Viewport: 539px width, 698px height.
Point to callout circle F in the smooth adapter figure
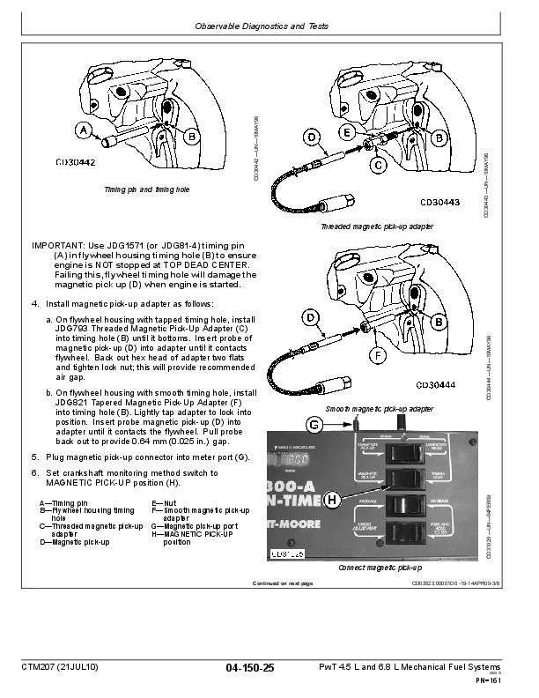(377, 356)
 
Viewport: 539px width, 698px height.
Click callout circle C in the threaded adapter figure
(377, 165)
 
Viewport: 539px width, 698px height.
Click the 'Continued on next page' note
(282, 583)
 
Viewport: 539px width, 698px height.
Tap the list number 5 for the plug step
(34, 457)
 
